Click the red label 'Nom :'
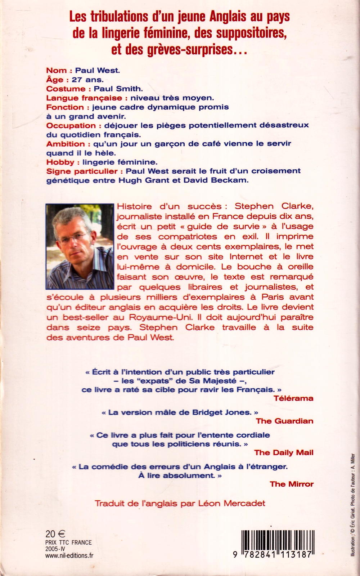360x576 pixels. click(x=59, y=70)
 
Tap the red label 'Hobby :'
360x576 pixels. click(x=60, y=162)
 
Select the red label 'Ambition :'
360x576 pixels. click(x=65, y=144)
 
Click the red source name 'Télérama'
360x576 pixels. click(x=293, y=398)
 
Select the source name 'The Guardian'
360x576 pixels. click(x=284, y=421)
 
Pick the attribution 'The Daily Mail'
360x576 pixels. click(x=284, y=452)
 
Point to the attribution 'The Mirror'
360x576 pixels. click(x=292, y=484)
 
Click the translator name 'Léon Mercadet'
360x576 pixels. click(x=232, y=503)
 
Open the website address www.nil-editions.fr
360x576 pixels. click(x=69, y=555)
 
